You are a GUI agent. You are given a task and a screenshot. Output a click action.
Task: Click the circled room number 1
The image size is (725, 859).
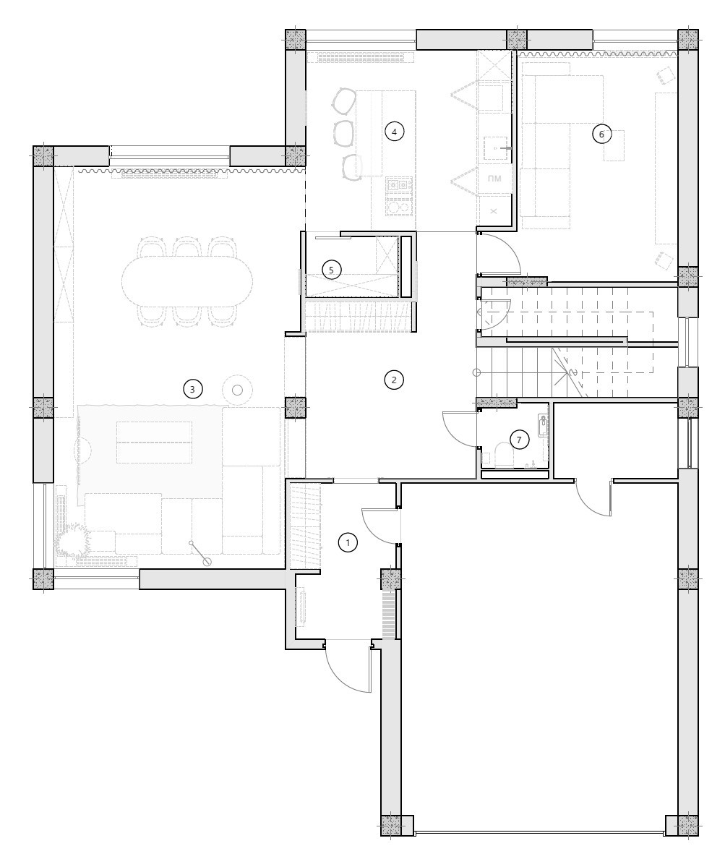pos(347,543)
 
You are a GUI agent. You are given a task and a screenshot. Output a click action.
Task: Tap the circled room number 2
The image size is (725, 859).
pos(394,380)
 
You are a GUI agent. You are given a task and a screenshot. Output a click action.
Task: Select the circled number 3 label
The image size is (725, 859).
pos(192,390)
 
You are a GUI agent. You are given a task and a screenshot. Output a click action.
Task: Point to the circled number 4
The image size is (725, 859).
pos(394,132)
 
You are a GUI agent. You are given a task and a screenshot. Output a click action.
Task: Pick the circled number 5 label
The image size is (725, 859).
pos(331,270)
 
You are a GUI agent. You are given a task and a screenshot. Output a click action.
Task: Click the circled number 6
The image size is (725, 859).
pos(602,134)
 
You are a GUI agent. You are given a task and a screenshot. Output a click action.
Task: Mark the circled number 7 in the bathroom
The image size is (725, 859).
pos(519,440)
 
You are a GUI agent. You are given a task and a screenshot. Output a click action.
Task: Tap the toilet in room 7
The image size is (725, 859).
pos(502,455)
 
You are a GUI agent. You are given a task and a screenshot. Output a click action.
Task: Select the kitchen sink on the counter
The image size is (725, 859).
pos(497,148)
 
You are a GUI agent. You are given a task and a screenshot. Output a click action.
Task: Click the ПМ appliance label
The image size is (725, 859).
pos(494,178)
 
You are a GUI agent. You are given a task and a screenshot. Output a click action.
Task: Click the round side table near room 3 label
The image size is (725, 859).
pos(237,390)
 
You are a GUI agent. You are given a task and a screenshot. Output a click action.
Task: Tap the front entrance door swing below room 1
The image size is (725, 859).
pos(347,667)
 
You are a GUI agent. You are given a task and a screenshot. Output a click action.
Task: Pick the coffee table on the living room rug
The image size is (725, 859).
pos(155,442)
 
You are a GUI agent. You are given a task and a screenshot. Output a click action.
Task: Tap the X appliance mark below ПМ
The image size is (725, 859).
pos(494,211)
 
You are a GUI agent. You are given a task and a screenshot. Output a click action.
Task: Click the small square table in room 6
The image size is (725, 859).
pos(614,145)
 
